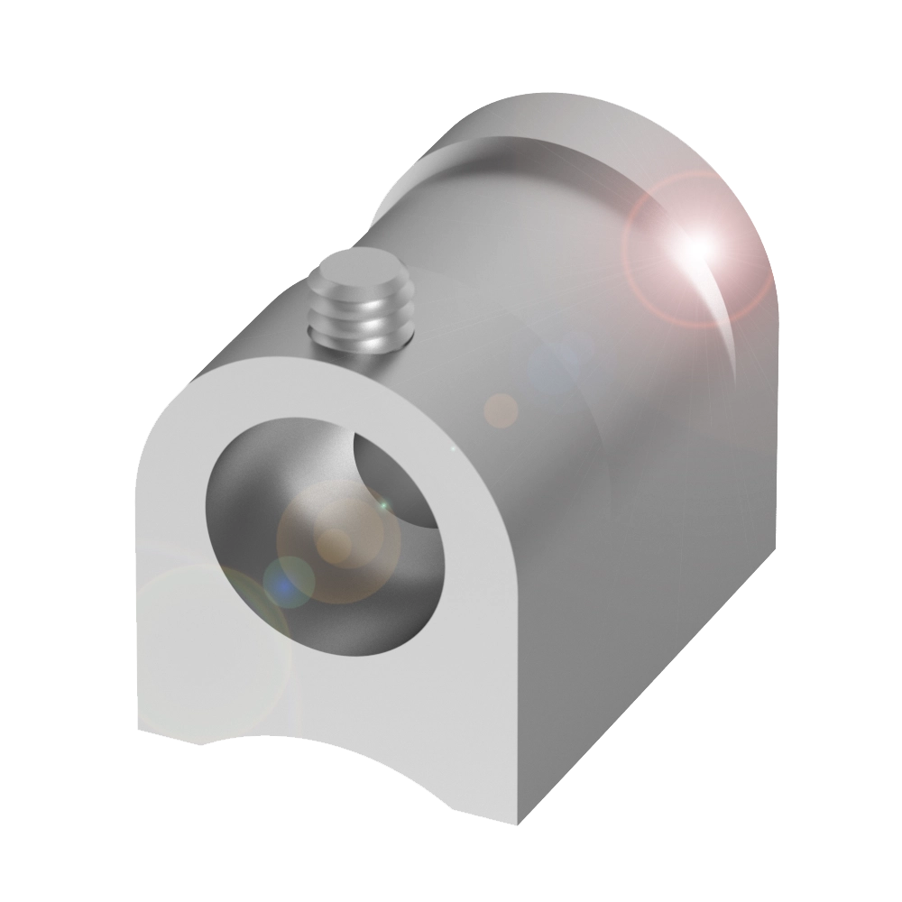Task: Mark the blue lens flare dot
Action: pyautogui.click(x=287, y=582)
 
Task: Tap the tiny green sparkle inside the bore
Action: pyautogui.click(x=382, y=505)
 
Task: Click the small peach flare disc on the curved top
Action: pyautogui.click(x=502, y=410)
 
